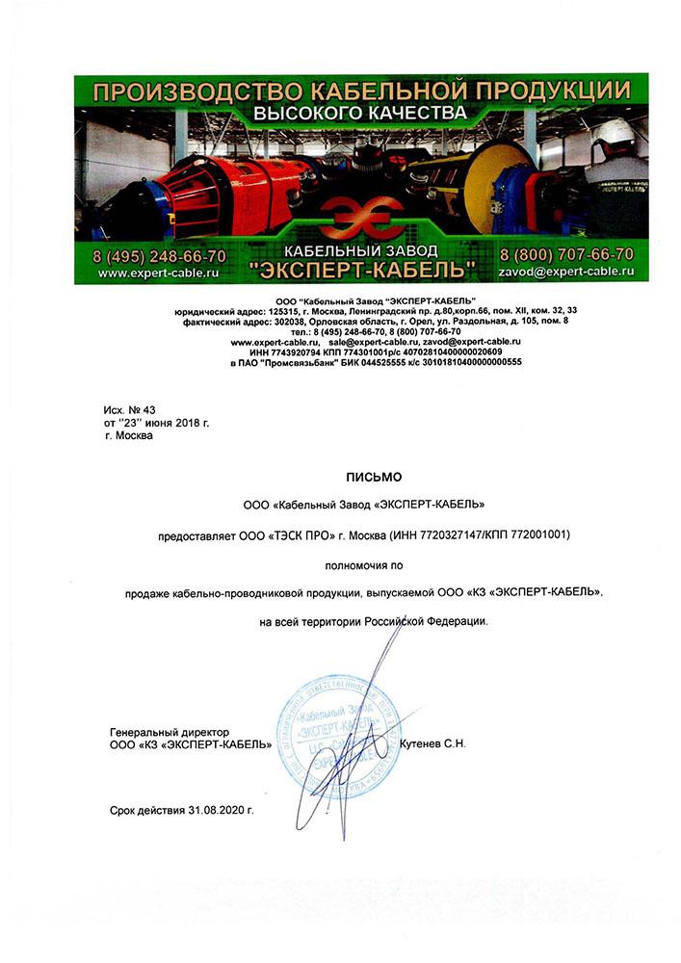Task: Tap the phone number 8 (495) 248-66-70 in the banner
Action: [160, 256]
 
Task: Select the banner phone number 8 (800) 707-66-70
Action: [566, 255]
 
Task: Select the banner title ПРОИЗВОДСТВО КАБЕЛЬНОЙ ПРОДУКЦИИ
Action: [361, 91]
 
